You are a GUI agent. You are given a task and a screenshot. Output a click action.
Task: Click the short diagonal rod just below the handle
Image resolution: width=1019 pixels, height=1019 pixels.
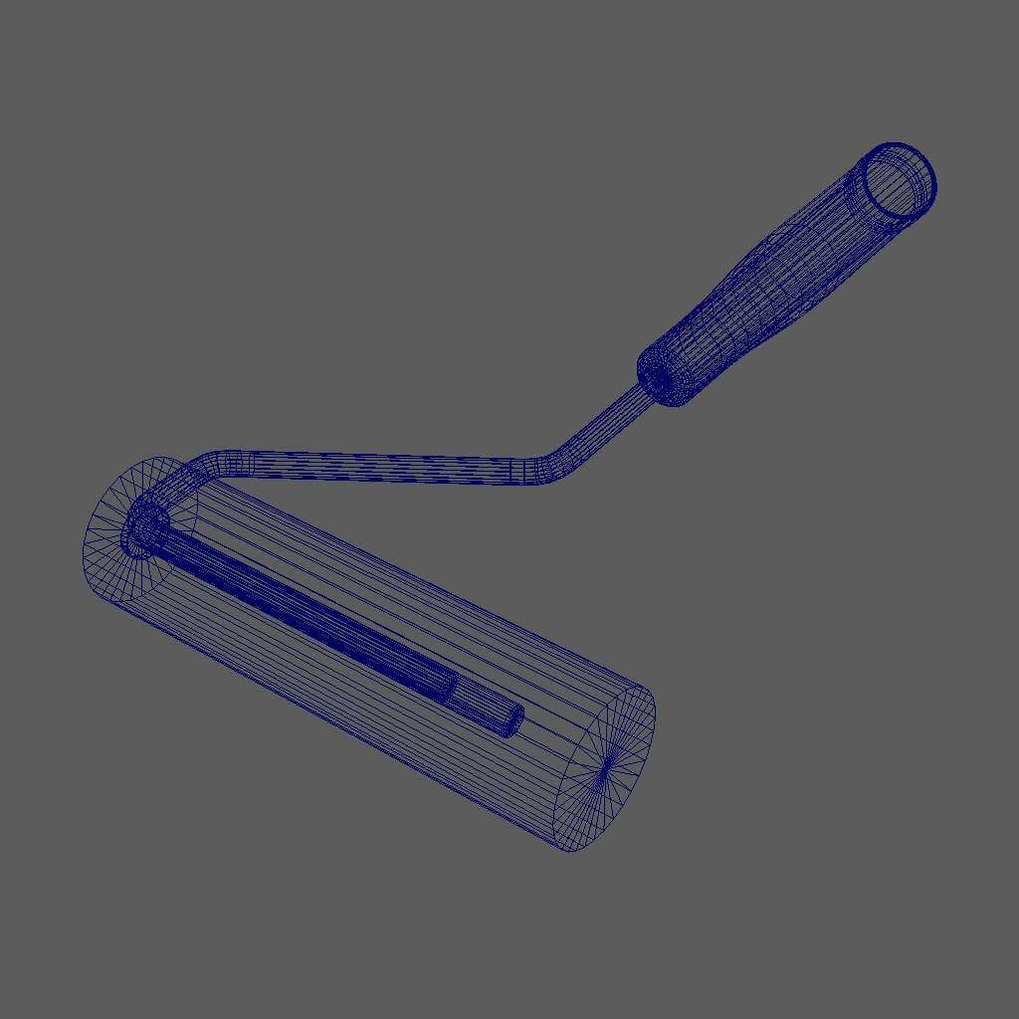pyautogui.click(x=607, y=418)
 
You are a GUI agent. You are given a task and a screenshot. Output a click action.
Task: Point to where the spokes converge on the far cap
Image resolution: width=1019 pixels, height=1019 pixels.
pyautogui.click(x=606, y=767)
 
